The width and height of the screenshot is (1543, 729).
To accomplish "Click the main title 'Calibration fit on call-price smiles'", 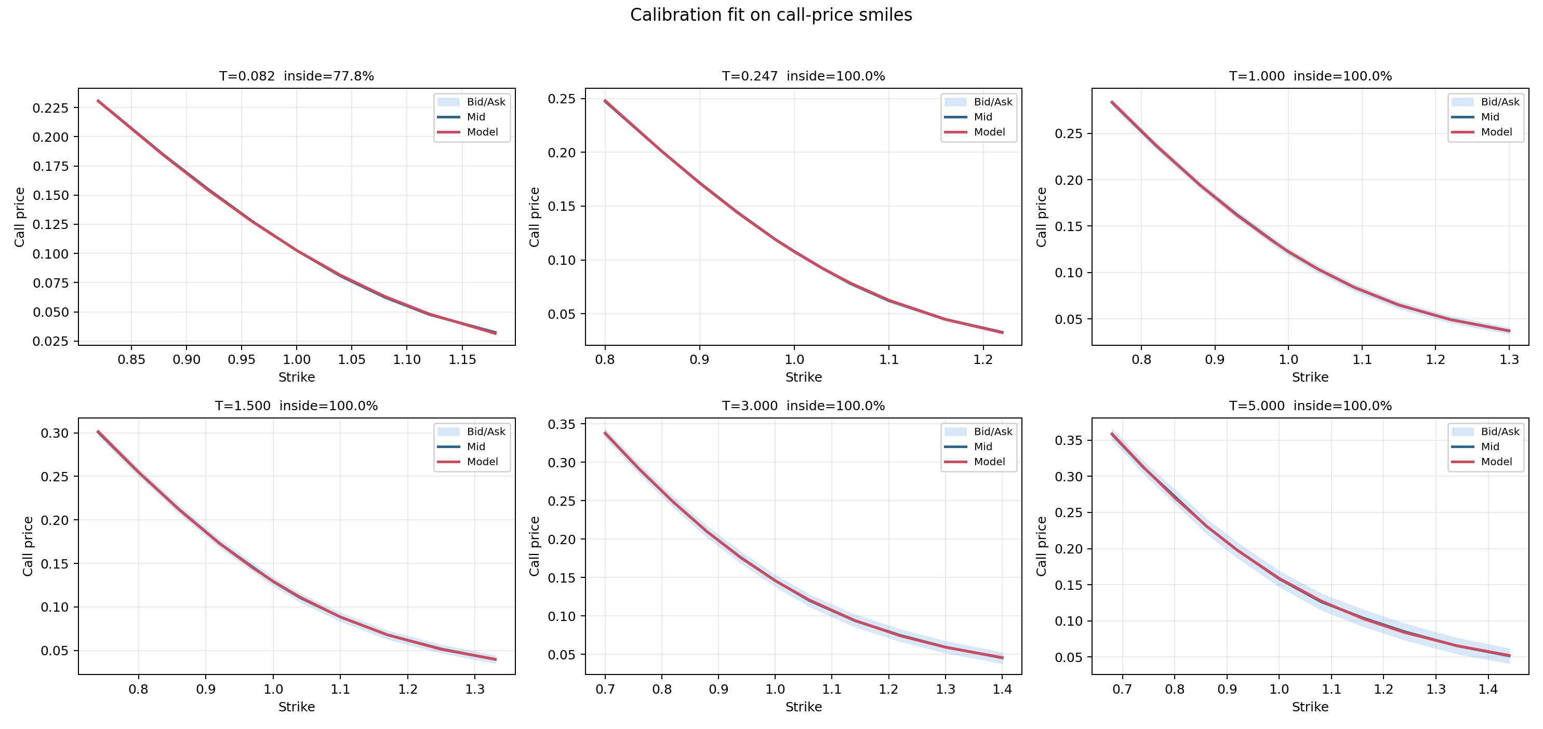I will tap(771, 15).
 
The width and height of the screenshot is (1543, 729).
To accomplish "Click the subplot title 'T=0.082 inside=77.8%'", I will tap(297, 76).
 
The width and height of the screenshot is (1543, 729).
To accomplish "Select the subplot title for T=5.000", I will tap(1310, 406).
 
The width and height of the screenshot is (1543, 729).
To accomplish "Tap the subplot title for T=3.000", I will tap(803, 406).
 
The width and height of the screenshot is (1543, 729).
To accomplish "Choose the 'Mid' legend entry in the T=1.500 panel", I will tap(475, 447).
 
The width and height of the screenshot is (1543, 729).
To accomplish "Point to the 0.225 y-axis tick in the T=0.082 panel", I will tap(51, 107).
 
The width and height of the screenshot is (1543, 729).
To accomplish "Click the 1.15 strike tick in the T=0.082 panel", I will tap(462, 360).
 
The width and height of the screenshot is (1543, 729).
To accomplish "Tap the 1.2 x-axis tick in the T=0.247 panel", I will tap(983, 360).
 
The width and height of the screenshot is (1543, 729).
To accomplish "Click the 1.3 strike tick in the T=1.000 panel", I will tap(1509, 360).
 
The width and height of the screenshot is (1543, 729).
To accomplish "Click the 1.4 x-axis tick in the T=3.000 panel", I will tap(1002, 690).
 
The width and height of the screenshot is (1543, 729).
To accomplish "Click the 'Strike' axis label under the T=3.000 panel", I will tap(803, 707).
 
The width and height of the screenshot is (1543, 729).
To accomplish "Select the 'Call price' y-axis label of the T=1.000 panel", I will tap(1042, 217).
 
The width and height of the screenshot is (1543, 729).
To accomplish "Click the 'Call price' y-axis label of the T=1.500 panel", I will tap(28, 546).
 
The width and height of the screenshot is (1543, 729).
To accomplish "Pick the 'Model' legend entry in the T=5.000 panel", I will tap(1496, 462).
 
